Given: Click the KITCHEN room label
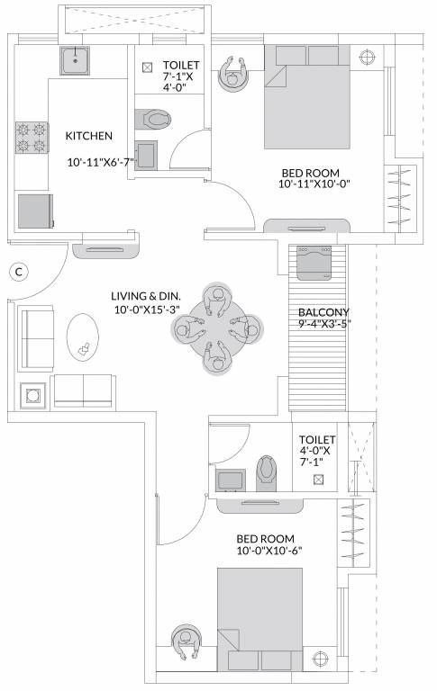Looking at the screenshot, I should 88,136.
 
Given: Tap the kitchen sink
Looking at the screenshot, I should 74,60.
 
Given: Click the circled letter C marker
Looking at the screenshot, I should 17,269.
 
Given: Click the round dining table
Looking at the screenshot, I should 216,329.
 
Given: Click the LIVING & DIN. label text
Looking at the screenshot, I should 145,296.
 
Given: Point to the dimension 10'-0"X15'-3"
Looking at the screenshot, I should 146,310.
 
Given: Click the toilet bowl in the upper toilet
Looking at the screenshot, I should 155,118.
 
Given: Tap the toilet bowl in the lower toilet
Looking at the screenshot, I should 268,471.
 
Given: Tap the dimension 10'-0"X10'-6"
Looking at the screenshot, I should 269,550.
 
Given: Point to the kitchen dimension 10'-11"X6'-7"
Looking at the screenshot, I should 101,163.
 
